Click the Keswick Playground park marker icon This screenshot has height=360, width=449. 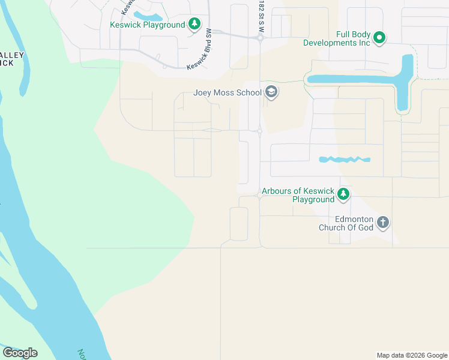(x=194, y=24)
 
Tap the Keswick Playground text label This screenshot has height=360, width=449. (x=147, y=25)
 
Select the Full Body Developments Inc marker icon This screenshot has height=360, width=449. (x=379, y=38)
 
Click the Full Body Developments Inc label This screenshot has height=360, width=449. (x=336, y=38)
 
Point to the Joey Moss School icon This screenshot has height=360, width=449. (x=271, y=92)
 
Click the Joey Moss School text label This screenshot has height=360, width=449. (x=228, y=93)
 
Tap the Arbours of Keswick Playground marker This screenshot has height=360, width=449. (x=343, y=194)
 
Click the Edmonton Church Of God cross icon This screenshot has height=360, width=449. (x=382, y=223)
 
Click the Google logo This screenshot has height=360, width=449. (x=20, y=352)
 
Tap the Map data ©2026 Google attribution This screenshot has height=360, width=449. (x=411, y=355)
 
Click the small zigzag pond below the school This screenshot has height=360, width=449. (x=344, y=160)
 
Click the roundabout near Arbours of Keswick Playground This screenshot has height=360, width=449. (x=259, y=195)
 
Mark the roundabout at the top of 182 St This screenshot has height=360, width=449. (x=259, y=38)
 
